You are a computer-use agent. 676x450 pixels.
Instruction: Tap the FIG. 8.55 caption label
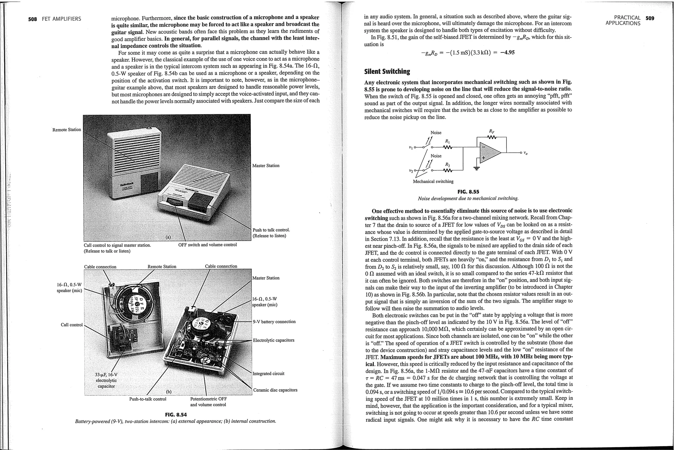coord(468,192)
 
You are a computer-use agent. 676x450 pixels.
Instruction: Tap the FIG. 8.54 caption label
coord(176,414)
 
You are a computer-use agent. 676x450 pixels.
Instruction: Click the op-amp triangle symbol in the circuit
coord(490,153)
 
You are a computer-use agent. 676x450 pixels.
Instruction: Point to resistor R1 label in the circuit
coord(448,141)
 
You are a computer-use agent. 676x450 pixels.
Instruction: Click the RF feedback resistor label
coord(492,131)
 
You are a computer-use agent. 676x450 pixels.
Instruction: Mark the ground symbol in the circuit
coord(476,168)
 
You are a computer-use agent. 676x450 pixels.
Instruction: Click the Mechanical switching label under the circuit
coord(433,181)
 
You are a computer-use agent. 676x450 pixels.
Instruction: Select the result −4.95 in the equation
coord(507,53)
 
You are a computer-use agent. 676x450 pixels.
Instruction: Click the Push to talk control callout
coord(271,230)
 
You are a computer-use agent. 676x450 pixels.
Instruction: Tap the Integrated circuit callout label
coord(268,374)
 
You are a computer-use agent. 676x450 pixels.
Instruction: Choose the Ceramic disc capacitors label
coord(275,390)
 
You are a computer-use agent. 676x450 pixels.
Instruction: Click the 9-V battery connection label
coord(274,321)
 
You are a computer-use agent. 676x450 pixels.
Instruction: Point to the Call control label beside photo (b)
coord(72,325)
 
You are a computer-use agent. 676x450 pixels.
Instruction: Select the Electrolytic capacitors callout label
coord(273,340)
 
